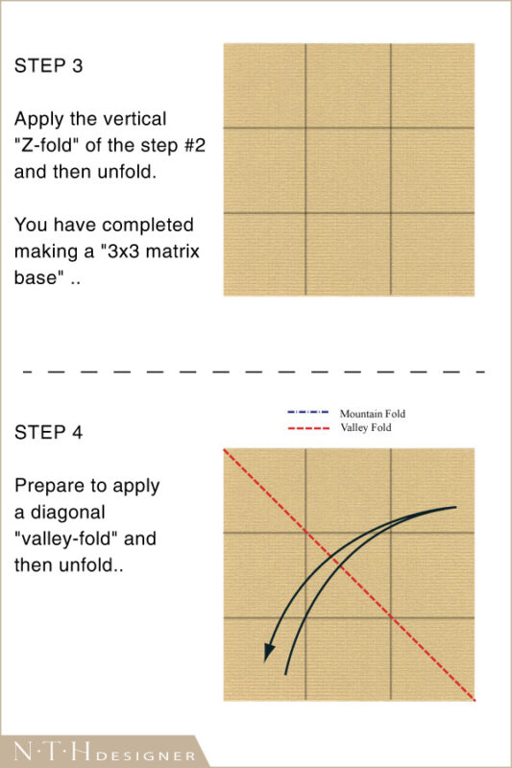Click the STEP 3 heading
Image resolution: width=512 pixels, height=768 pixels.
click(48, 65)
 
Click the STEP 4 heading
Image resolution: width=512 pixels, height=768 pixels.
click(48, 433)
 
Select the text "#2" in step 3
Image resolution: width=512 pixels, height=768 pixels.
click(194, 146)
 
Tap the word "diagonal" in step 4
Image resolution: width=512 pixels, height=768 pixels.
click(67, 513)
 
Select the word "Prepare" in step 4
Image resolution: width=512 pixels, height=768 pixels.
click(45, 487)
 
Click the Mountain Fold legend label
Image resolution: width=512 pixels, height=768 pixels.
click(373, 414)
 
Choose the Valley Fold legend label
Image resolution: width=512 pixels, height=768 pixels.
click(365, 427)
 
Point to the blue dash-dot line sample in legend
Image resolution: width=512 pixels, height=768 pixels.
click(307, 413)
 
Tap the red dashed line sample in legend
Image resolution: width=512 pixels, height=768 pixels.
click(307, 428)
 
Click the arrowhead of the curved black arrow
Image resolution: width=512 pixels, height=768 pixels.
click(269, 653)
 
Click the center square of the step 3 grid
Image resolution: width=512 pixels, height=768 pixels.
click(348, 171)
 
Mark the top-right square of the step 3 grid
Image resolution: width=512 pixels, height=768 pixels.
click(432, 85)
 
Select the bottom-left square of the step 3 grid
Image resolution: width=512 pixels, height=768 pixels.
click(264, 254)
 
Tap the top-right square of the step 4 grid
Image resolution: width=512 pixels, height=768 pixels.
click(432, 491)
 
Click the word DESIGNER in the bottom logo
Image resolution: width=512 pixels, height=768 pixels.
click(145, 756)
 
